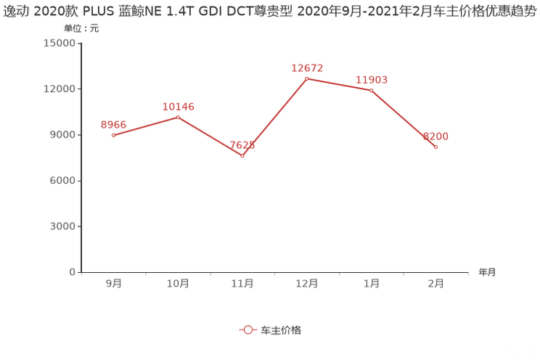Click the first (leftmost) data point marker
pos(113,135)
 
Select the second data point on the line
pos(178,116)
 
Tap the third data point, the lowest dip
pos(242,155)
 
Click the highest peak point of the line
pos(307,77)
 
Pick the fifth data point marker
pos(372,89)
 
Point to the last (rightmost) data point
pos(436,147)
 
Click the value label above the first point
pos(113,125)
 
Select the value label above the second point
pos(178,107)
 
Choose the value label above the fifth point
pos(372,79)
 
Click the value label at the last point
pos(436,136)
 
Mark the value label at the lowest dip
pos(242,146)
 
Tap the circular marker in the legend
pos(248,330)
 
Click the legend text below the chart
pos(281,330)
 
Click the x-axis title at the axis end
pos(486,273)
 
